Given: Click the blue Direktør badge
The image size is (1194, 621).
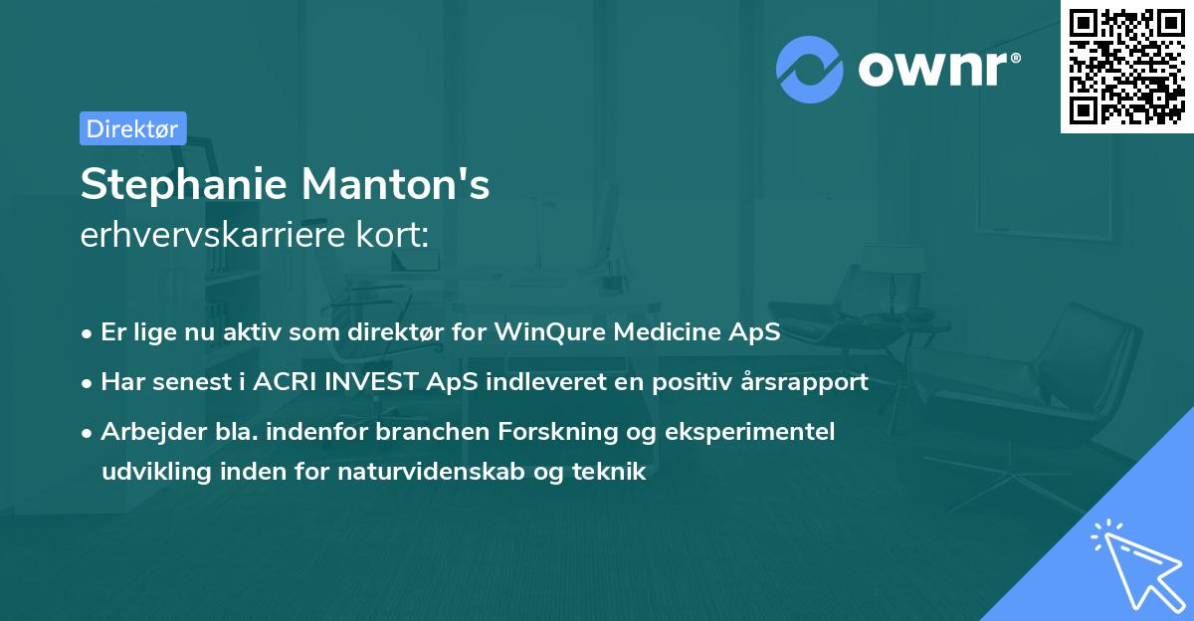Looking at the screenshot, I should (132, 128).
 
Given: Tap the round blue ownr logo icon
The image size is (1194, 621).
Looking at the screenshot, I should (809, 69).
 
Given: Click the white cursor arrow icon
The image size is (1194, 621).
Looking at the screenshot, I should (1135, 561).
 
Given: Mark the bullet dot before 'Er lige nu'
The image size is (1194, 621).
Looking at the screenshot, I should (88, 332).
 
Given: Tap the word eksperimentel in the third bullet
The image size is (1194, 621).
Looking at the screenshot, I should (762, 431).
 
